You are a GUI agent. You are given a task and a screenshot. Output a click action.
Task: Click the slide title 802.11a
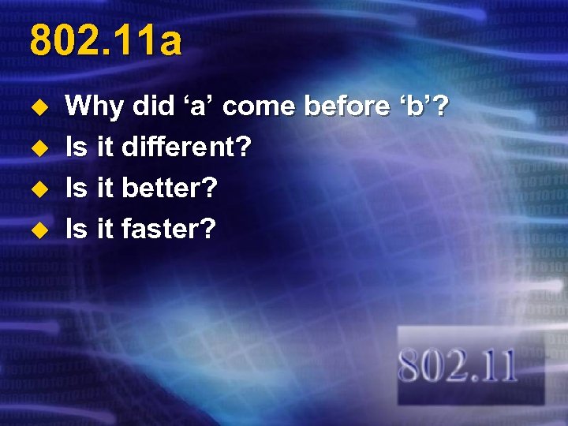point(105,41)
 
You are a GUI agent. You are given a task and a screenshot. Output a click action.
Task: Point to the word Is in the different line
point(77,147)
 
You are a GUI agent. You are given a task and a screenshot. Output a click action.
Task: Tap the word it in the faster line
point(105,229)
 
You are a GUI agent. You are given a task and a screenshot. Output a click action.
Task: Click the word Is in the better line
point(77,188)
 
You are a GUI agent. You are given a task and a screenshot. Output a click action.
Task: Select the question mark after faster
point(207,229)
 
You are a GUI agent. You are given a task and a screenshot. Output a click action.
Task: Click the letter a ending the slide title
point(169,43)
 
